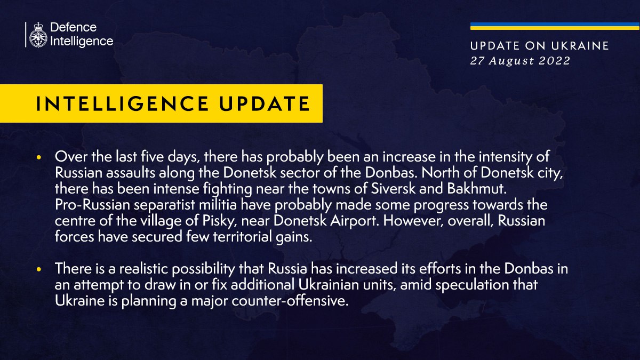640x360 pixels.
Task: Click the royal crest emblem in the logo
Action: click(38, 35)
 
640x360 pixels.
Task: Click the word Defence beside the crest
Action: click(74, 27)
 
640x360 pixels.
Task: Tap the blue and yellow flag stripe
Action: click(555, 26)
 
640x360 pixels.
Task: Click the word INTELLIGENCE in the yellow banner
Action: click(122, 103)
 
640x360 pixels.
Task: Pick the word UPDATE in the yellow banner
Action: click(265, 103)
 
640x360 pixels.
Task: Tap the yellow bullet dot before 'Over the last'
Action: click(39, 157)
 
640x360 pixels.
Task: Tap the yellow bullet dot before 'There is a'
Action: click(39, 269)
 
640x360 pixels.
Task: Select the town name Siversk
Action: click(393, 189)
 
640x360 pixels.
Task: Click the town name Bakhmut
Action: click(477, 189)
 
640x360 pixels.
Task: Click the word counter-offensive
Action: click(290, 301)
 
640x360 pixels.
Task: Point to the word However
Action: click(413, 221)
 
